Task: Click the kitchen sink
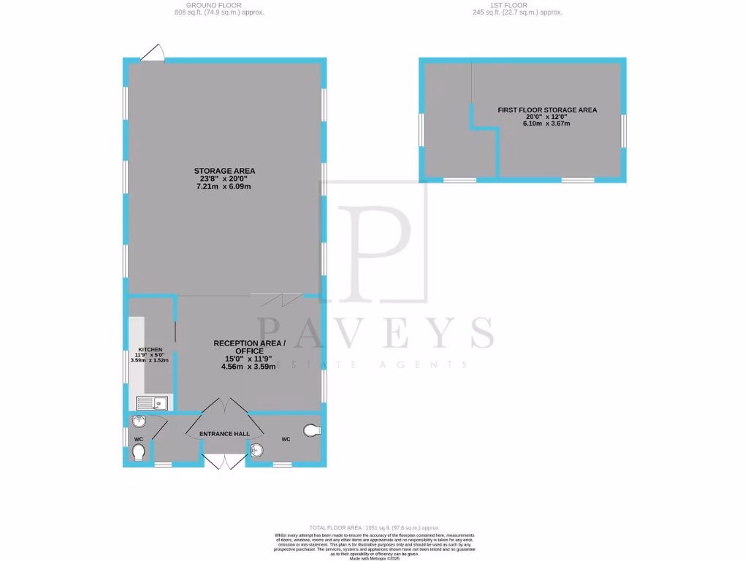(x=151, y=402)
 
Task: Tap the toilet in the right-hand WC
(x=313, y=430)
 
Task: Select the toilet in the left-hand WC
(x=138, y=454)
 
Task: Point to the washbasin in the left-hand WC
(x=140, y=421)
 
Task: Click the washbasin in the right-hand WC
(x=257, y=450)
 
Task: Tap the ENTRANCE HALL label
(x=225, y=434)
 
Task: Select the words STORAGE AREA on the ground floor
(x=224, y=171)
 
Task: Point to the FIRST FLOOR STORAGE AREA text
(x=547, y=110)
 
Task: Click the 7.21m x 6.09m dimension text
(x=224, y=187)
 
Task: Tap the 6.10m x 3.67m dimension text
(x=547, y=123)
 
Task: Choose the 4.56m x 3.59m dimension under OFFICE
(x=249, y=367)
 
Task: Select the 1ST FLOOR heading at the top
(x=510, y=5)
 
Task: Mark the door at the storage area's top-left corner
(x=153, y=54)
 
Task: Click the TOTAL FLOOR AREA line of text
(x=374, y=527)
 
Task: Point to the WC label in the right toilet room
(x=286, y=439)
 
